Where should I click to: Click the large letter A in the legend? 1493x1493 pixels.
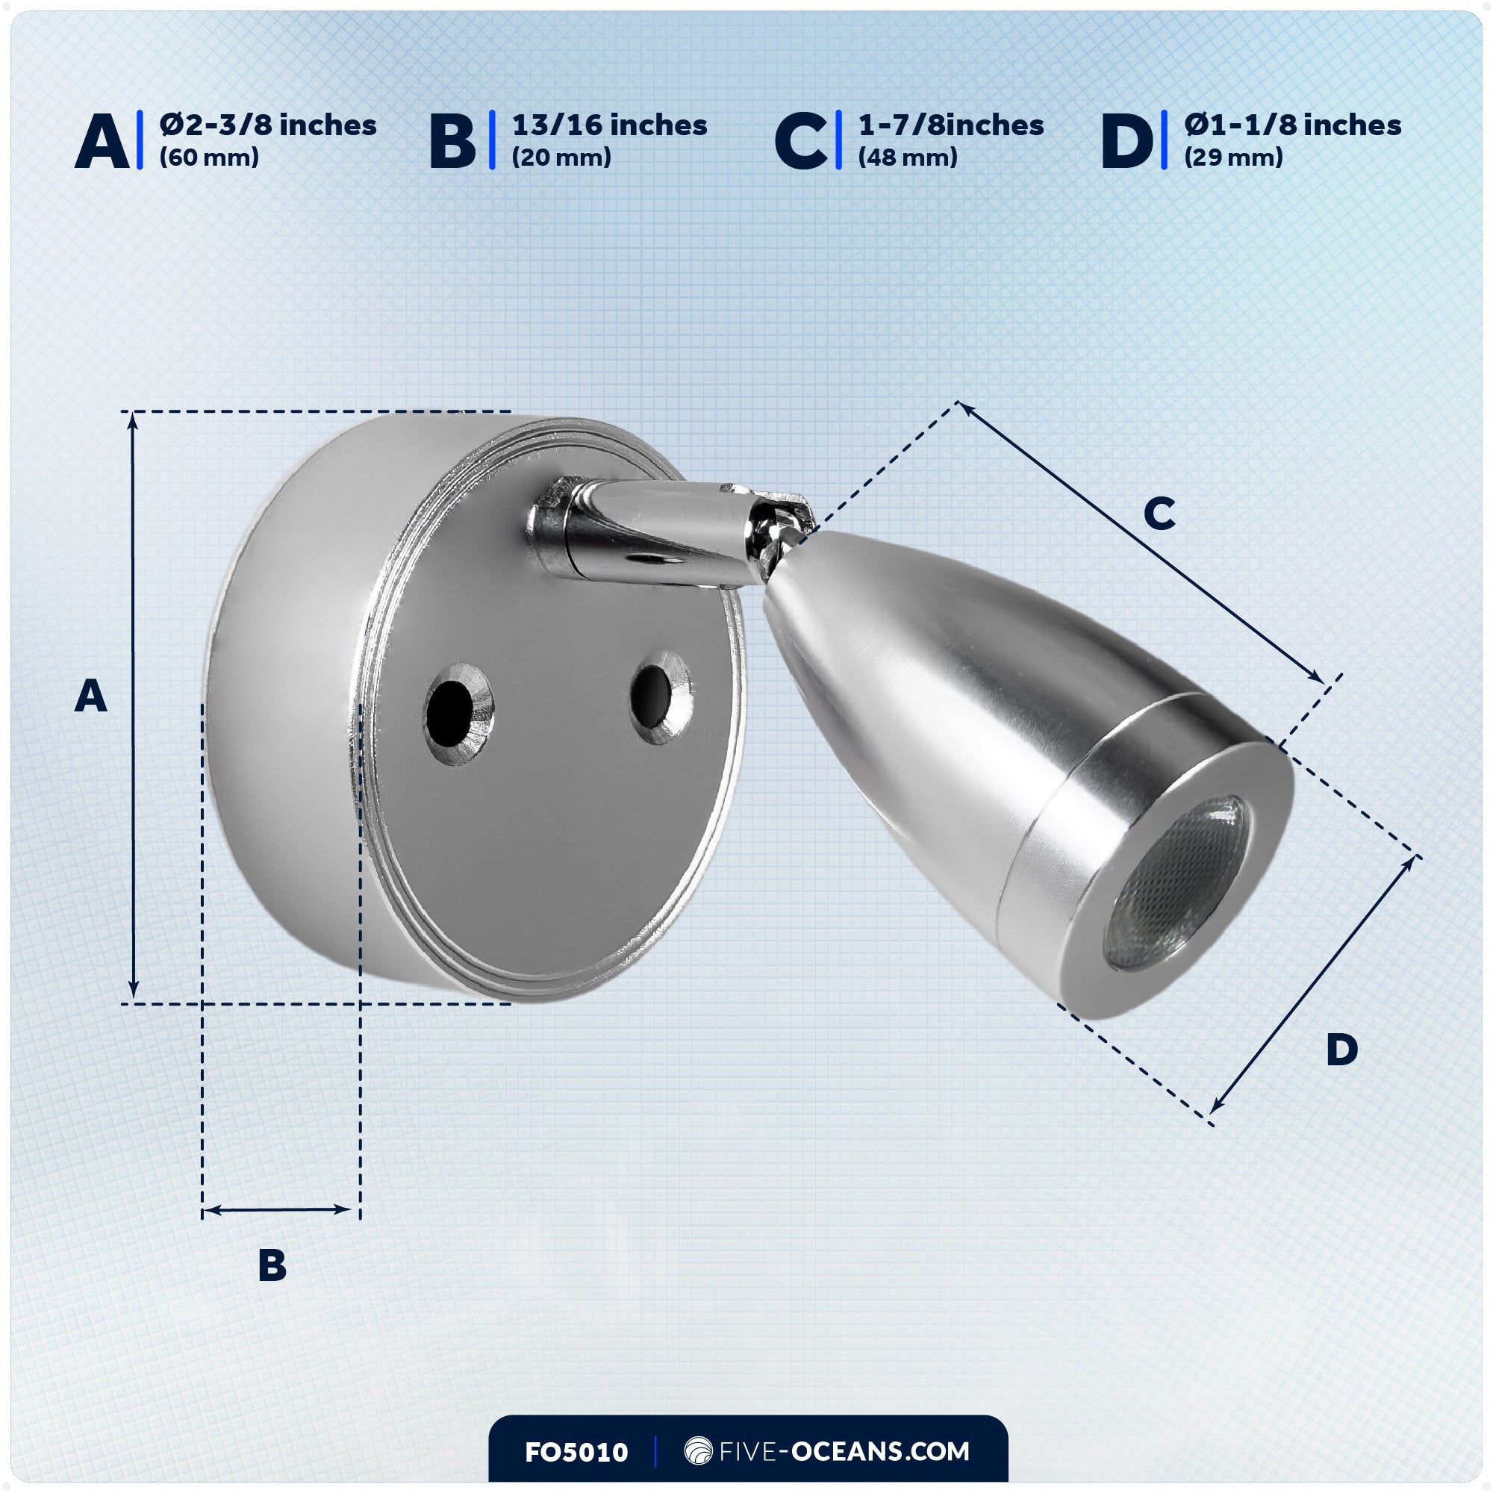click(102, 141)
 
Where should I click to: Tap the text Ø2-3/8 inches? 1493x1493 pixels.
click(267, 125)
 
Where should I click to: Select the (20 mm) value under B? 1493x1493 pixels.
click(561, 158)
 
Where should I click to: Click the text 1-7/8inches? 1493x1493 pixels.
click(950, 125)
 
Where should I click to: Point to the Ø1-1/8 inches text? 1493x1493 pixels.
click(1292, 125)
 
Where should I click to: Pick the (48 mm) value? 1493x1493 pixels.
click(907, 158)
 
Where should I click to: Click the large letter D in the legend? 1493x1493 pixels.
click(1126, 141)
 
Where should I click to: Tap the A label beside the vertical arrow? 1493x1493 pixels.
click(90, 696)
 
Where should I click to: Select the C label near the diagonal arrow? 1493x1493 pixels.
click(1159, 513)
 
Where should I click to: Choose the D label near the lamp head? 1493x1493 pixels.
click(1341, 1050)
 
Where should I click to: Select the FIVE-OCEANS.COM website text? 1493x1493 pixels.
click(843, 1451)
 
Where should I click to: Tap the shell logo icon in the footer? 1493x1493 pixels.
click(698, 1450)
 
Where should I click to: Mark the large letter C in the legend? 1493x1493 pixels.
click(800, 141)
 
